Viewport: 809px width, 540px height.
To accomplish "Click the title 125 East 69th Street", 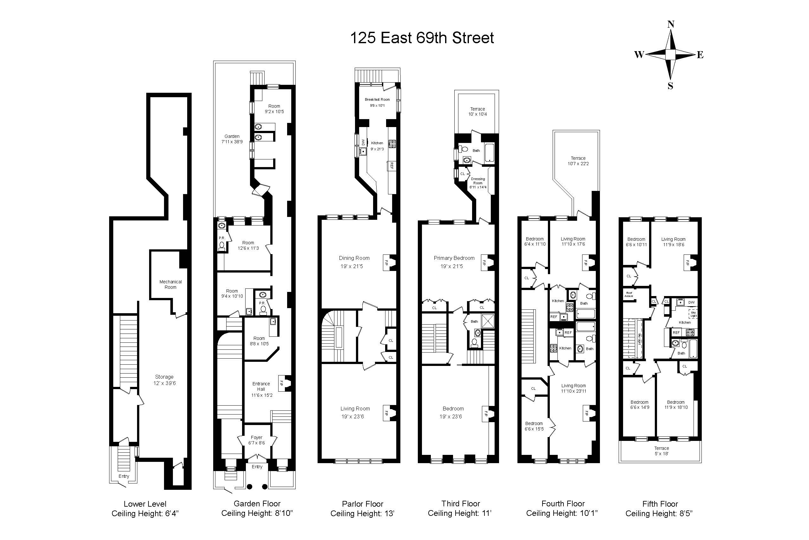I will point(422,38).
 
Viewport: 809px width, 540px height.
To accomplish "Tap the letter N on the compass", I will point(670,24).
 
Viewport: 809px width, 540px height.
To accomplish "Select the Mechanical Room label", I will point(170,285).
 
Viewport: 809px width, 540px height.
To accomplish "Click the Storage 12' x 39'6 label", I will point(164,380).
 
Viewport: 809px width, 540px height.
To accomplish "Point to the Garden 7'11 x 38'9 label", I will point(232,139).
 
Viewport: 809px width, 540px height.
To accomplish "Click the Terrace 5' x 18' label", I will point(661,451).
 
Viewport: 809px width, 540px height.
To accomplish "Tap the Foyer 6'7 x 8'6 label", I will point(257,440).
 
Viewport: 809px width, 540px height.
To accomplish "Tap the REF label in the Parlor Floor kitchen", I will point(391,165).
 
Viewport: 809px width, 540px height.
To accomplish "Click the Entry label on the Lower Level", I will point(124,476).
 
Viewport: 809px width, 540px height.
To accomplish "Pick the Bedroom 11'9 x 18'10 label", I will point(675,405).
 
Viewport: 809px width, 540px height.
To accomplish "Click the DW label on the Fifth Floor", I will point(691,302).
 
